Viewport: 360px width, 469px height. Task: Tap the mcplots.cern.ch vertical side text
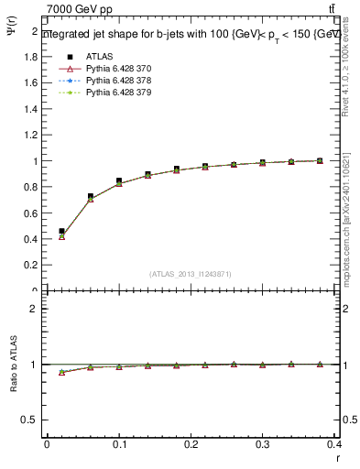[351, 220]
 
